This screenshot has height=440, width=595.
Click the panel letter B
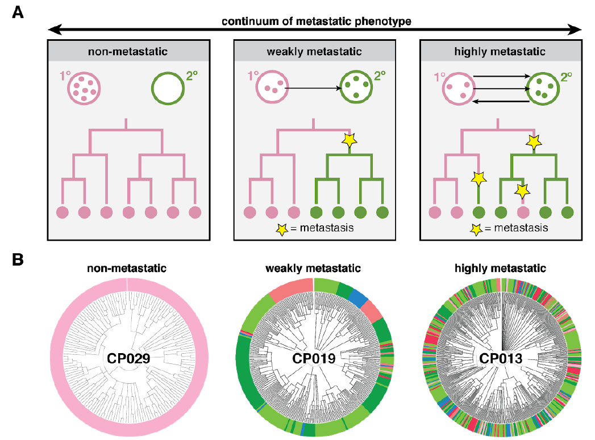click(18, 259)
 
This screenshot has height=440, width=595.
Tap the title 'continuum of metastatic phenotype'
click(317, 21)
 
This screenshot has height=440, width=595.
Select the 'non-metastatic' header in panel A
click(128, 52)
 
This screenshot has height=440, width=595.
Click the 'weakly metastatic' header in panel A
click(314, 52)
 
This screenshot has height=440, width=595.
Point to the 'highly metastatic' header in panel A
click(500, 52)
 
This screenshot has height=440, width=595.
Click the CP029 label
click(128, 358)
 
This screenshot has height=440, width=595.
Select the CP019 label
click(314, 358)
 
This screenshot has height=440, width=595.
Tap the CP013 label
click(501, 358)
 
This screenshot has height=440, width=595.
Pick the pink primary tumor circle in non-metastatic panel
click(84, 89)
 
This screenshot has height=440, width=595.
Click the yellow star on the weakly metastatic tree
click(349, 140)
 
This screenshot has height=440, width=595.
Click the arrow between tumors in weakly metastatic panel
click(313, 89)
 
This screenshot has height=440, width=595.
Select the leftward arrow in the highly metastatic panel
click(501, 101)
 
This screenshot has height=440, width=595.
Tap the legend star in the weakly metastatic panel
click(282, 229)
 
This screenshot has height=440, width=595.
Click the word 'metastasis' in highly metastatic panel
click(521, 228)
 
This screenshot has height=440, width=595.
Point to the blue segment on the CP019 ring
click(358, 297)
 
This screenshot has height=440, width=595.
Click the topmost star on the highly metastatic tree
click(534, 142)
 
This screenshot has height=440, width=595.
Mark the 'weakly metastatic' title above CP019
click(313, 269)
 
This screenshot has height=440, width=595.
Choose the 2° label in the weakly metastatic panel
click(380, 76)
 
